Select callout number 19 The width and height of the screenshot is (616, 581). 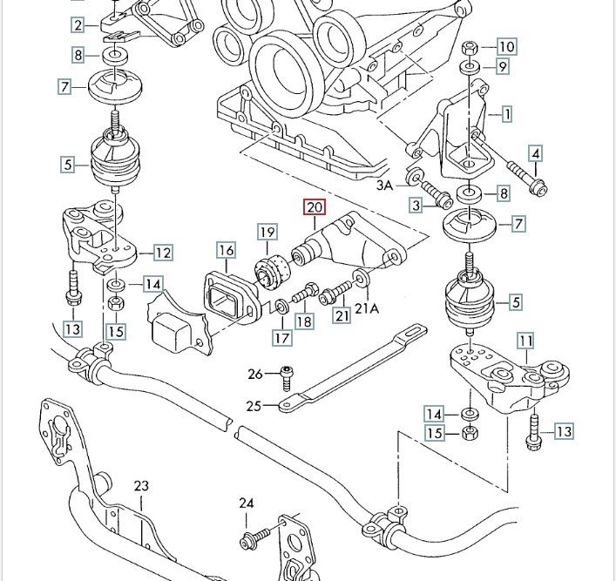[x=267, y=233]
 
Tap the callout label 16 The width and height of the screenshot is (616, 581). [x=227, y=252]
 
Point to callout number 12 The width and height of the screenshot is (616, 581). [x=162, y=253]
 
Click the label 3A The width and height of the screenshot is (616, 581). [x=385, y=186]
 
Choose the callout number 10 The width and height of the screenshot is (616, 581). [x=507, y=46]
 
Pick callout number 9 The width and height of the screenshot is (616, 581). [x=502, y=65]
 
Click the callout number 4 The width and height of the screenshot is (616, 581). [x=535, y=155]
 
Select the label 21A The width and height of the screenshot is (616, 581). [x=368, y=308]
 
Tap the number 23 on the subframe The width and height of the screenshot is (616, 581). [x=142, y=487]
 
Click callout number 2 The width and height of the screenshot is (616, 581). [x=79, y=24]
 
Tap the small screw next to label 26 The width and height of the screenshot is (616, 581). [x=287, y=377]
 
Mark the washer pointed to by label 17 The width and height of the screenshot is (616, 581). [x=284, y=307]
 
